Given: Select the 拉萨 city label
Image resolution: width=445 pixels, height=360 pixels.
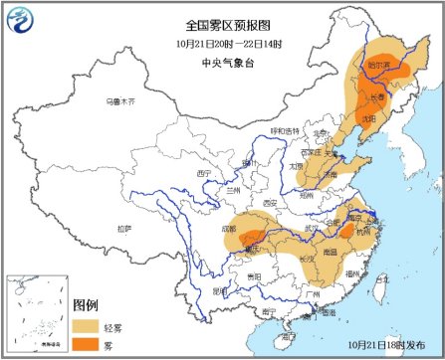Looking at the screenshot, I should [x=123, y=229].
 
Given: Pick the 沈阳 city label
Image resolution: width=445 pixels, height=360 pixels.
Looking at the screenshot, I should [x=368, y=117].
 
